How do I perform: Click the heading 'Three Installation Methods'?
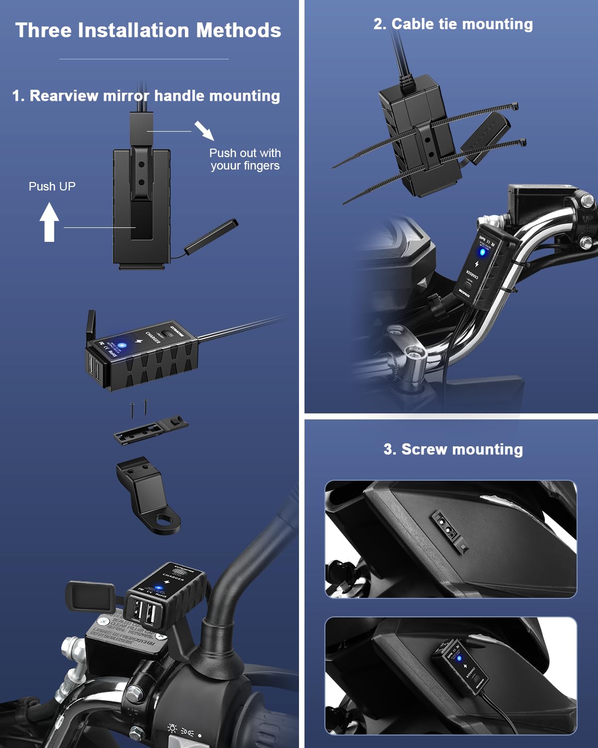[x=148, y=30]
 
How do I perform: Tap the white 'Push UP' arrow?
[x=49, y=222]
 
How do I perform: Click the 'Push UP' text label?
[x=52, y=187]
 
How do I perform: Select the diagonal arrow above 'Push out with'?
[x=204, y=131]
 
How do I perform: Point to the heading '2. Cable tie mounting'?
[x=452, y=24]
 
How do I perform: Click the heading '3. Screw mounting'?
[x=452, y=449]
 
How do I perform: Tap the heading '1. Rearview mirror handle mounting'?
[x=146, y=96]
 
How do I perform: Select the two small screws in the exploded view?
[x=139, y=409]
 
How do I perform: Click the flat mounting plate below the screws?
[x=150, y=430]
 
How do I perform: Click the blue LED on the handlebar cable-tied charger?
[x=482, y=251]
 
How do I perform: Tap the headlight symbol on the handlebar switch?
[x=172, y=729]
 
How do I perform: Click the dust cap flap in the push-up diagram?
[x=211, y=236]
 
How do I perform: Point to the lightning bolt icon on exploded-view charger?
[x=139, y=342]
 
